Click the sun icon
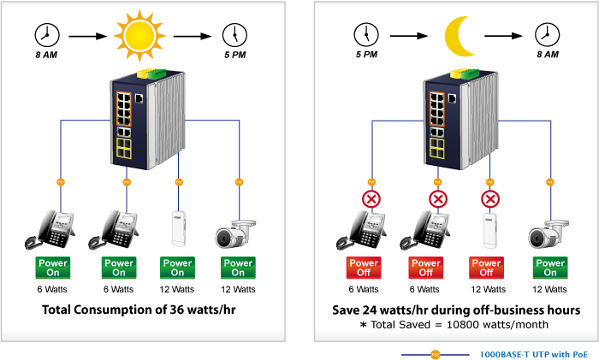(x=139, y=36)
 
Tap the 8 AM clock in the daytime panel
(x=47, y=35)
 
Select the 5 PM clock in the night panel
(x=366, y=35)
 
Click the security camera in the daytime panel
(x=235, y=233)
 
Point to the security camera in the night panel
(x=549, y=234)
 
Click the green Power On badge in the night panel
(x=550, y=268)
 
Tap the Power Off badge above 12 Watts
(x=486, y=268)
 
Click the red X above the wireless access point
(x=490, y=199)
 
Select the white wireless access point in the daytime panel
(x=178, y=228)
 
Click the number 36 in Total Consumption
(x=177, y=310)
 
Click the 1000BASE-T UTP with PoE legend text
(x=534, y=355)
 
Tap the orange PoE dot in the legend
(x=435, y=355)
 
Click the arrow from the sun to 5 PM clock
(x=193, y=36)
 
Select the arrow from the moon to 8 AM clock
(x=503, y=36)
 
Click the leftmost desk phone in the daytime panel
(x=50, y=230)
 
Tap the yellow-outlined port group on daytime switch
(x=124, y=148)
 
